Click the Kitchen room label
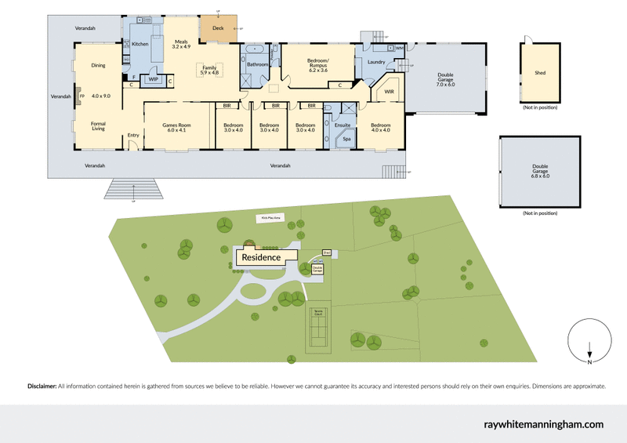140,44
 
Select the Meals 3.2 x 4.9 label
181,45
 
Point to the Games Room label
177,128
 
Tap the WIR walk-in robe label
389,92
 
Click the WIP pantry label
154,78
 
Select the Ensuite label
342,125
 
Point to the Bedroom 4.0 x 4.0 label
381,128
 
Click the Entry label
133,136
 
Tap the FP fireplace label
81,96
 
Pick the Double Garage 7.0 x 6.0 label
445,80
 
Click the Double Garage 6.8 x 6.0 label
540,171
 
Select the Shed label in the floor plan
540,73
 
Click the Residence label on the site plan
261,256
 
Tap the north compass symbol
589,343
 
